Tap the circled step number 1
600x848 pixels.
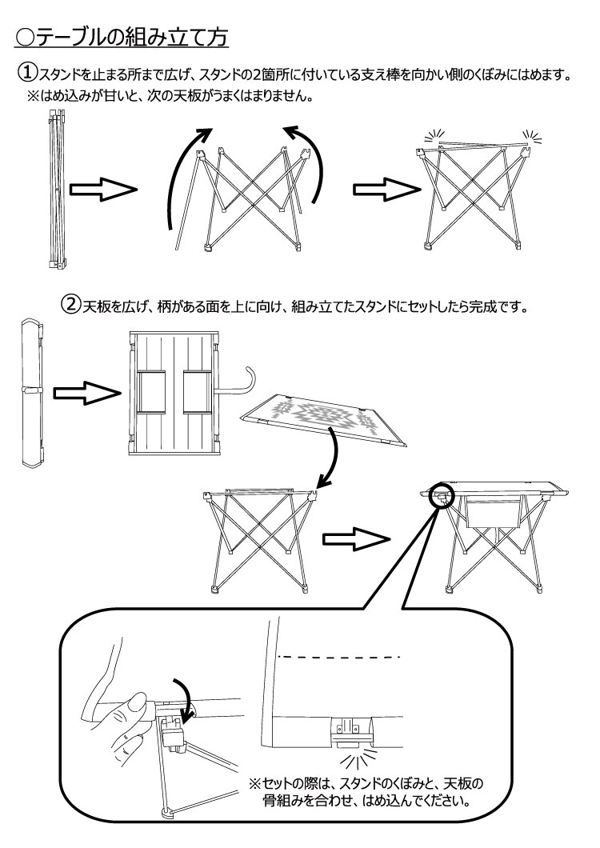click(28, 74)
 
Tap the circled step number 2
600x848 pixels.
click(73, 306)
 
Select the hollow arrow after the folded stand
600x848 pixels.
click(103, 190)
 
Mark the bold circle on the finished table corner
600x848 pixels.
click(441, 496)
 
